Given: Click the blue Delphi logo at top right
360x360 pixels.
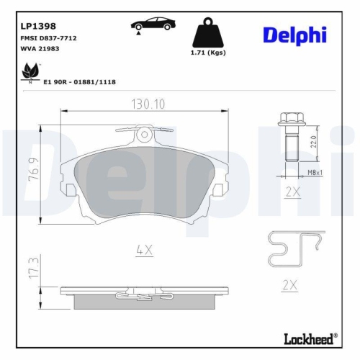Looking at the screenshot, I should tap(294, 35).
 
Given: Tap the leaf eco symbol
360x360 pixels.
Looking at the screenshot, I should tap(30, 73).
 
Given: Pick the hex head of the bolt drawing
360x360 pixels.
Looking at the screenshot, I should tap(290, 120).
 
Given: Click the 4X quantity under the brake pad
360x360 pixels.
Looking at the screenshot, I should tap(145, 250).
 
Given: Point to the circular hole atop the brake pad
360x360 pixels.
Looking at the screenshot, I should tap(145, 132).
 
